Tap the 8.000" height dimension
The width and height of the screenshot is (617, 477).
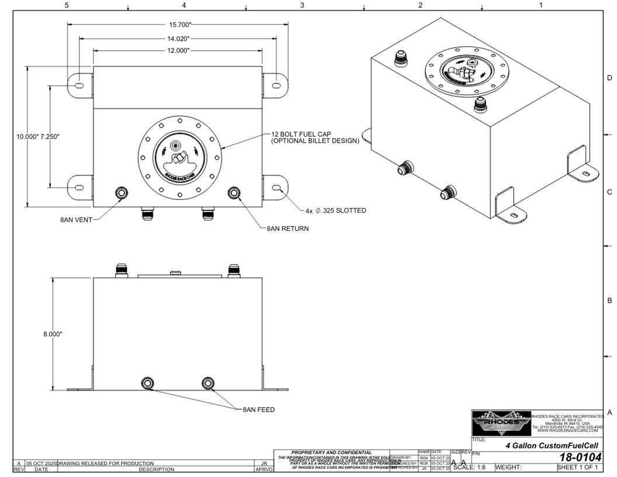coord(52,334)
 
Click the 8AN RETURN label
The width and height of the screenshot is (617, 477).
coord(287,229)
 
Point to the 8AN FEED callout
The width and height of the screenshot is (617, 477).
coord(258,410)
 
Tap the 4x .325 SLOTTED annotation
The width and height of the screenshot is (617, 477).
coord(335,210)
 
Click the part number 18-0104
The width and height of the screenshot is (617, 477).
coord(580,457)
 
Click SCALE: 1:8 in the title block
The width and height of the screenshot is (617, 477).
coord(469,467)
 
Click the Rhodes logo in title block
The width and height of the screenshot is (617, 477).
coord(501,423)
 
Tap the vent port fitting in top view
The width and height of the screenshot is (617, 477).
coord(122,193)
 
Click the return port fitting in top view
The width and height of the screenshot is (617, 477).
coord(234,192)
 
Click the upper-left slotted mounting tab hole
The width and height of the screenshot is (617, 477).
coord(78,86)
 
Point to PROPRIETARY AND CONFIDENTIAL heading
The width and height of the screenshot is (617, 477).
coord(331,452)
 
